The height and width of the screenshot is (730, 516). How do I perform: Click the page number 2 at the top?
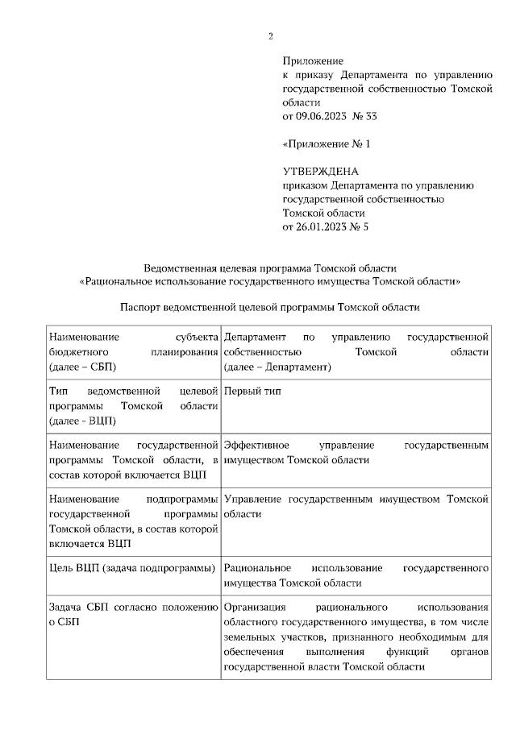point(270,35)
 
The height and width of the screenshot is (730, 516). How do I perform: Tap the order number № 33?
point(364,116)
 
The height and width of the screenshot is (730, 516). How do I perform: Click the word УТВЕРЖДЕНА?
point(320,172)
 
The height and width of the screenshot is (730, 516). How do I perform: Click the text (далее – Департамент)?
point(278,367)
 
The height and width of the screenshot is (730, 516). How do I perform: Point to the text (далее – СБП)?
point(82,367)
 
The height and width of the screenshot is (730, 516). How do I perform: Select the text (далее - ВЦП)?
point(82,421)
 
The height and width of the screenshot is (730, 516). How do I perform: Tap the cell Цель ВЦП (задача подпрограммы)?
point(131,568)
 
